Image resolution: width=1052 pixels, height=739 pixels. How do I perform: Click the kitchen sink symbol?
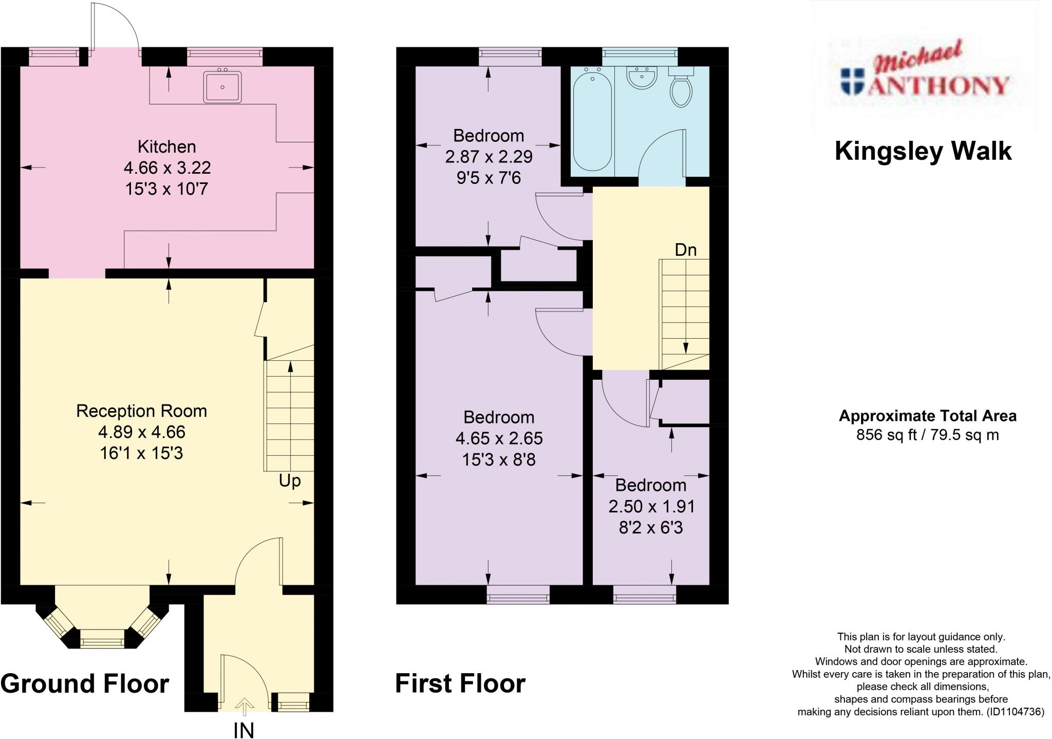click(x=222, y=87)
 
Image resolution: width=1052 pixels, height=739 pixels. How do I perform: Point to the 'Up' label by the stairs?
click(x=290, y=481)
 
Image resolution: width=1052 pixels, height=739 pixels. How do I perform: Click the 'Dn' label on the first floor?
click(x=685, y=250)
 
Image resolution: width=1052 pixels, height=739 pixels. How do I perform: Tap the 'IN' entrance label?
click(x=243, y=730)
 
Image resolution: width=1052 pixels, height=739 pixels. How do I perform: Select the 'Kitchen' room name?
click(x=166, y=147)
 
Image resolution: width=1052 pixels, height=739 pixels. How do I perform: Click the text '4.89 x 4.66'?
click(x=141, y=432)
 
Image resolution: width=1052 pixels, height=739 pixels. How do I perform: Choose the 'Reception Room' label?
click(x=141, y=411)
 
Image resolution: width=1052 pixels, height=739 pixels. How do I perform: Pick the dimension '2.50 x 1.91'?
click(x=651, y=507)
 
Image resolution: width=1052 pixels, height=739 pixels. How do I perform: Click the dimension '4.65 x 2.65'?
click(x=499, y=438)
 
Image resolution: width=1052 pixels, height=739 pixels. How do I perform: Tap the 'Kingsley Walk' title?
click(x=923, y=151)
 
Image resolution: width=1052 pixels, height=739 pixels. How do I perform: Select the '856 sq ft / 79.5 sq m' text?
click(x=927, y=435)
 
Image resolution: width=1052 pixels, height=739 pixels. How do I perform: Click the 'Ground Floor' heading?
click(x=85, y=684)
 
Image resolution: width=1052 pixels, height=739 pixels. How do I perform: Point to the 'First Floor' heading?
click(x=460, y=684)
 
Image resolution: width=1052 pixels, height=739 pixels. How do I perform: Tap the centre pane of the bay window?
click(x=103, y=641)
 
